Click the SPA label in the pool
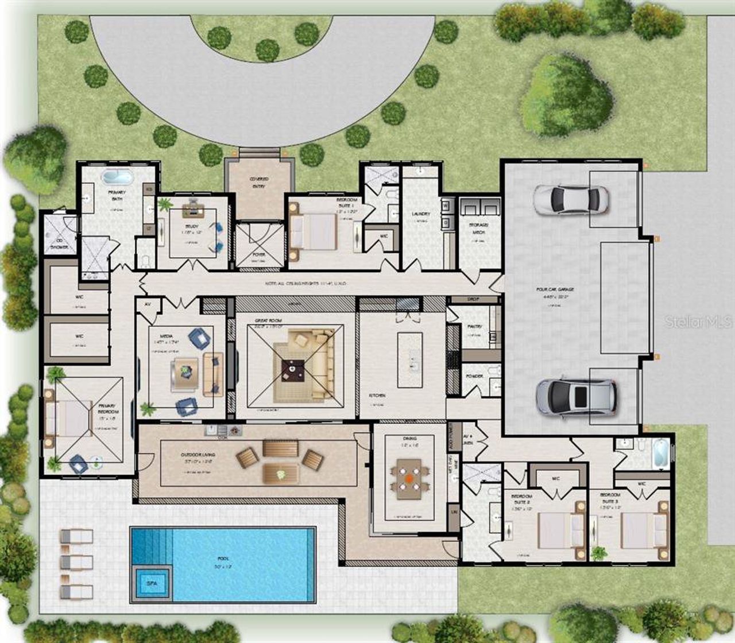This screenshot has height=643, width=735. pyautogui.click(x=151, y=583)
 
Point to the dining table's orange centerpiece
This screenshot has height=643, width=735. pyautogui.click(x=408, y=477)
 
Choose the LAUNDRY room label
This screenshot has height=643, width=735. pyautogui.click(x=421, y=214)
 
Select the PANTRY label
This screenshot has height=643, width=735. pyautogui.click(x=474, y=326)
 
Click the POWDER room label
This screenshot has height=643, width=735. pyautogui.click(x=474, y=376)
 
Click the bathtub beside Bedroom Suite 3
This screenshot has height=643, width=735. pyautogui.click(x=660, y=452)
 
